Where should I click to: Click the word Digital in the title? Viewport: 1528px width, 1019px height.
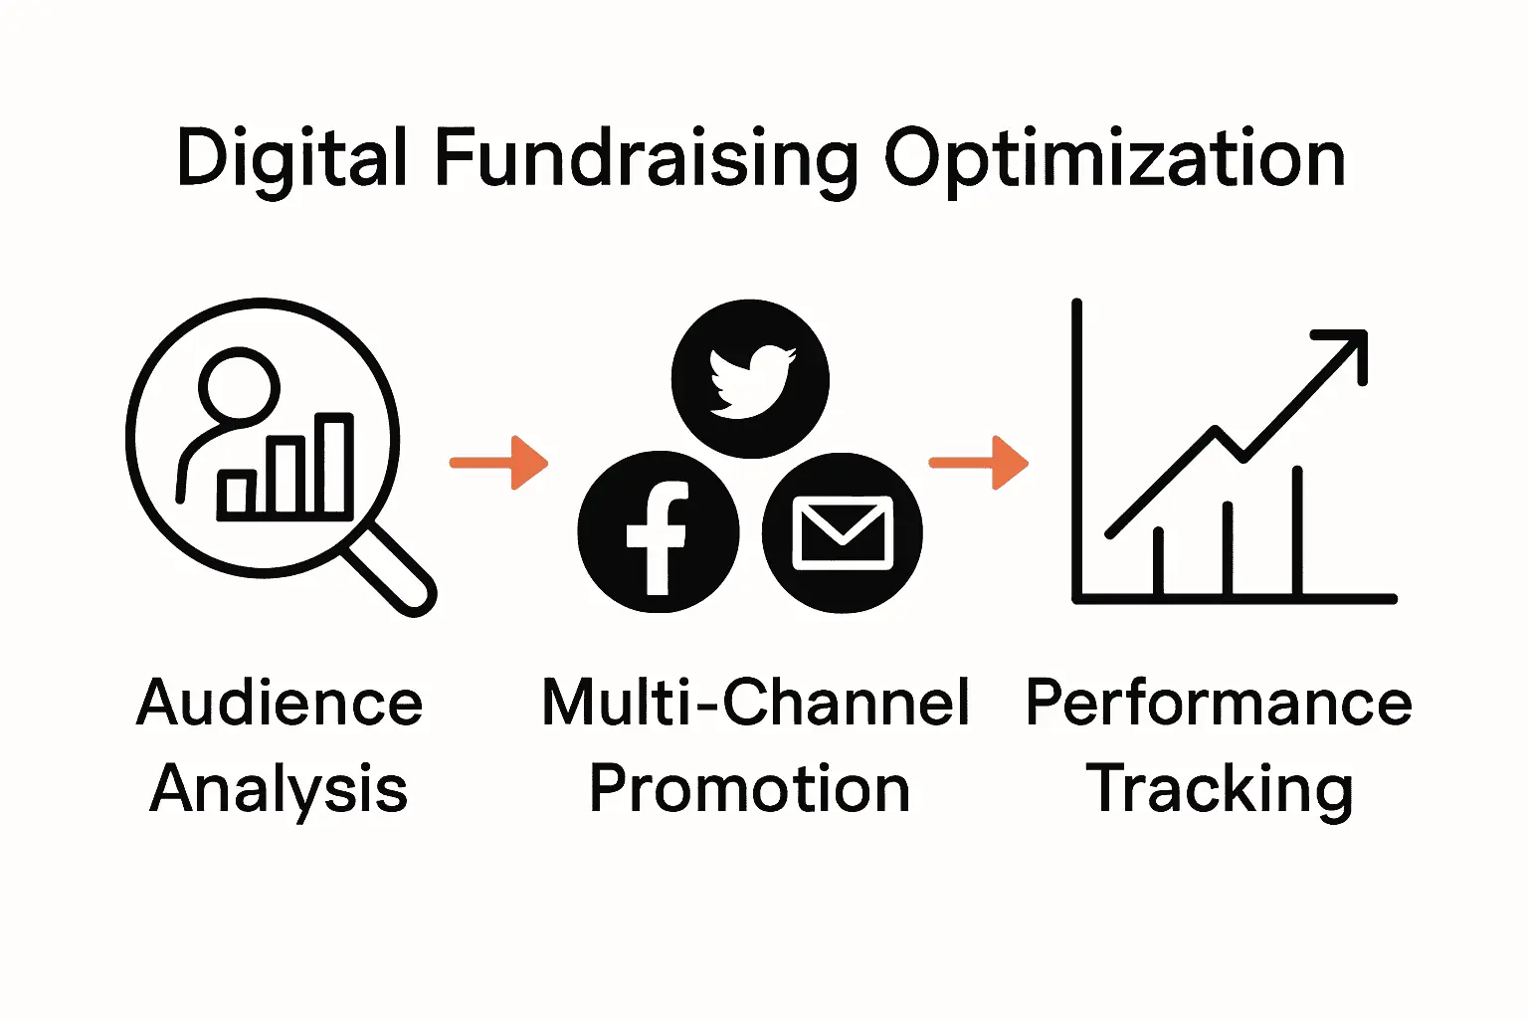pos(291,158)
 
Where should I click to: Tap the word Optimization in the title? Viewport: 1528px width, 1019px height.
pos(1114,158)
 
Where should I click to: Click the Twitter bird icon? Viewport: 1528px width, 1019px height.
pos(750,379)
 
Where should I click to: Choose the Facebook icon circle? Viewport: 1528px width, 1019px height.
pos(658,532)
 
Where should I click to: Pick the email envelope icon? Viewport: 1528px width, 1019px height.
pos(842,532)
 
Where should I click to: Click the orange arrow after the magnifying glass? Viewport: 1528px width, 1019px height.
pos(499,463)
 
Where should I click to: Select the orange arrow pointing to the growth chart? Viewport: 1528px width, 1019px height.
pos(979,463)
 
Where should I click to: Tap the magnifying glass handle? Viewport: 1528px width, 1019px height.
pos(390,569)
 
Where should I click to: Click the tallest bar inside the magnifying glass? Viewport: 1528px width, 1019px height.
pos(334,466)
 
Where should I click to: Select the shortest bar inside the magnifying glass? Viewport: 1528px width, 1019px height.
pos(237,494)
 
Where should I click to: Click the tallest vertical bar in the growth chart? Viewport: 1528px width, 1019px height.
pos(1297,532)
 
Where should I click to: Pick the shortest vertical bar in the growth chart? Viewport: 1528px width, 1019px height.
pos(1158,562)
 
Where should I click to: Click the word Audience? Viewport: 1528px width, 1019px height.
pos(280,704)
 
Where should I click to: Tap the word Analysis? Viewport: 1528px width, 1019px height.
pos(280,789)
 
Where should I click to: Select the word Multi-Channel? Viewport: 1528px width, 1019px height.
pos(755,704)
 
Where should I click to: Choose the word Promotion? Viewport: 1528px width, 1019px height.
pos(749,789)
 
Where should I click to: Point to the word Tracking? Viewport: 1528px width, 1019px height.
pos(1219,789)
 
